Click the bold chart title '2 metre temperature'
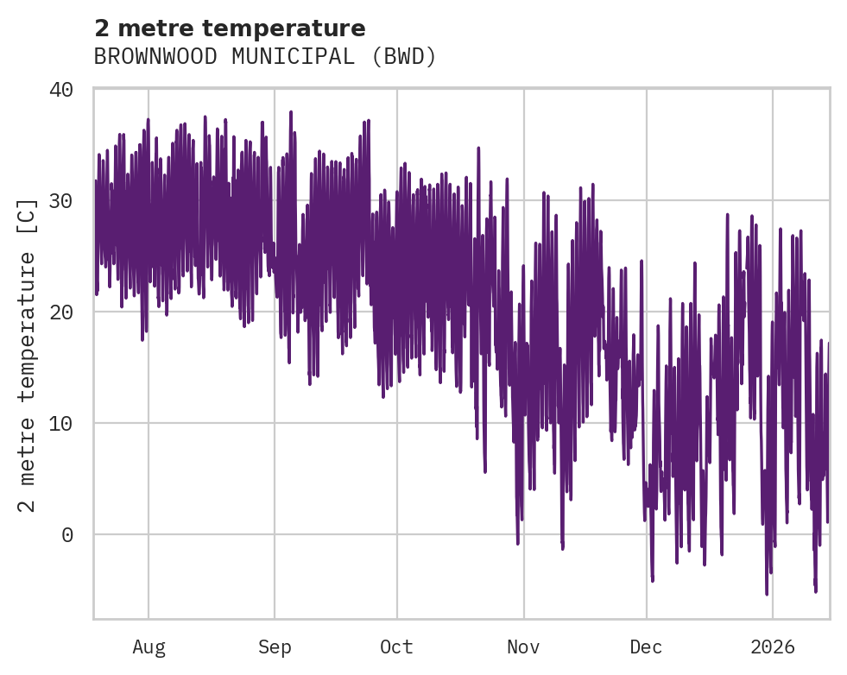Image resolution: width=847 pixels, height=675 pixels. [x=230, y=28]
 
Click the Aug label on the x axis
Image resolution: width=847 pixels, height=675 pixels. [x=149, y=647]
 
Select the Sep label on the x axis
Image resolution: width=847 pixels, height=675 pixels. [x=275, y=647]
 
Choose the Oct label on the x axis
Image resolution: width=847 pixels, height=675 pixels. [x=397, y=647]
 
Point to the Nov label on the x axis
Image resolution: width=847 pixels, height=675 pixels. [x=523, y=647]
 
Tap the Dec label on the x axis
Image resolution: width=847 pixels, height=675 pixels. [x=646, y=647]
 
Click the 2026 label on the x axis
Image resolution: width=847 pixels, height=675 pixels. [x=773, y=647]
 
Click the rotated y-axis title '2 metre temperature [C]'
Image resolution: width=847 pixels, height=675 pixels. [x=28, y=354]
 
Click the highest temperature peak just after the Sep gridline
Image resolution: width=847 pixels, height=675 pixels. [x=291, y=112]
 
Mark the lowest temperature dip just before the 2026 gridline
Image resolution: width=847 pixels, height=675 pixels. [x=767, y=593]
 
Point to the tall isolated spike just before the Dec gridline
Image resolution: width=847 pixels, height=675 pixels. [x=642, y=261]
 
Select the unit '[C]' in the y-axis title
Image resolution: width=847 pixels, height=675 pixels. [x=28, y=217]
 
